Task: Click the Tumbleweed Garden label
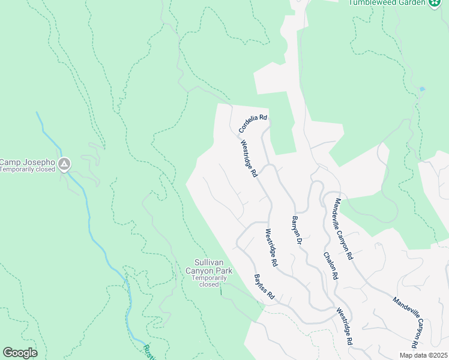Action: [388, 2]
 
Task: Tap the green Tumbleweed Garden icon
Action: [435, 3]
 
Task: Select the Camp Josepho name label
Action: [27, 162]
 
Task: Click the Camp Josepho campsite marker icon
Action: [65, 163]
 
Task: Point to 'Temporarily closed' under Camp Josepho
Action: [27, 170]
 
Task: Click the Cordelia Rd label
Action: [252, 124]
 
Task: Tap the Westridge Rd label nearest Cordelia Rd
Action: [249, 159]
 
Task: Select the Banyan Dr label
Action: [296, 230]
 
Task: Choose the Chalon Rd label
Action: [331, 265]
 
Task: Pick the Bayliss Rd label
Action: [264, 287]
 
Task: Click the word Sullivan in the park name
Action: [209, 262]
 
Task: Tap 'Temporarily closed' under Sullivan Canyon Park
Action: [209, 281]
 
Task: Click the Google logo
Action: [20, 353]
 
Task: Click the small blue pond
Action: [423, 89]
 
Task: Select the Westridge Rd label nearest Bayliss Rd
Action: [271, 247]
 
